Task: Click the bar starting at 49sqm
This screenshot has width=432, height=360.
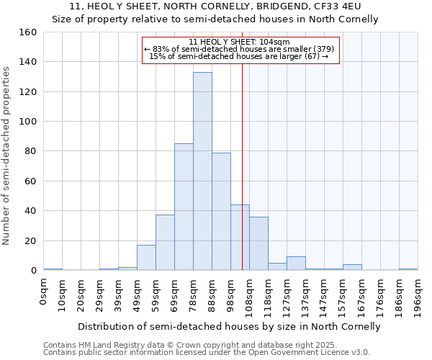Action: tap(146, 258)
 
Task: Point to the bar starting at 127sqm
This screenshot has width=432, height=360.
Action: tap(296, 264)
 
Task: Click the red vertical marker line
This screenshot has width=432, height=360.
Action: tap(242, 180)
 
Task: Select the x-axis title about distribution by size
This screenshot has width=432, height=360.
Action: tap(228, 326)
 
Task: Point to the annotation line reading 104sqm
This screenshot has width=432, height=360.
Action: tap(239, 42)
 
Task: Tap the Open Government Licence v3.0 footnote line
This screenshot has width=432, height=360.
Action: tap(206, 353)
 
